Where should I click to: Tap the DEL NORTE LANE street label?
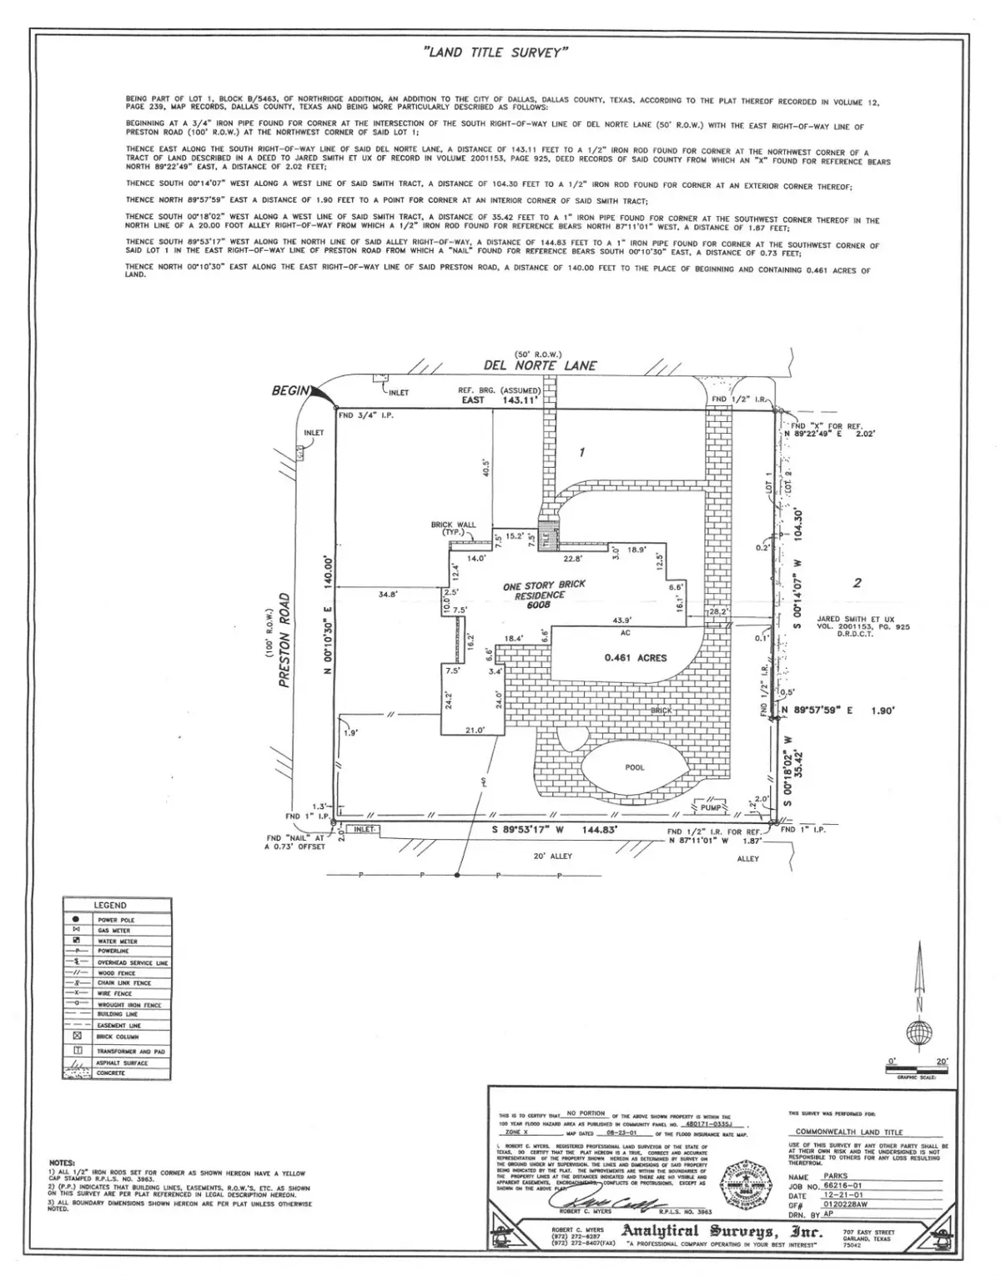(x=540, y=365)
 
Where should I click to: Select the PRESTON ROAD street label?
(x=284, y=640)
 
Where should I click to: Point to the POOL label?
(x=635, y=767)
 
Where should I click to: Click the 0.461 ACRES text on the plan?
(x=636, y=657)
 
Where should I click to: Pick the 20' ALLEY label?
(x=552, y=856)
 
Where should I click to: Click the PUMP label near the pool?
(x=710, y=807)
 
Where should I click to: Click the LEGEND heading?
(x=110, y=905)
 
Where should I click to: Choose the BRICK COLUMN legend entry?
(x=116, y=1037)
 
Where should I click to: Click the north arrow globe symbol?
(x=919, y=1034)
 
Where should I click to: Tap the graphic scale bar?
(x=916, y=1068)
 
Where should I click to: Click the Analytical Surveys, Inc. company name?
(x=721, y=1233)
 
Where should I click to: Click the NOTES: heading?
(x=63, y=1162)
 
